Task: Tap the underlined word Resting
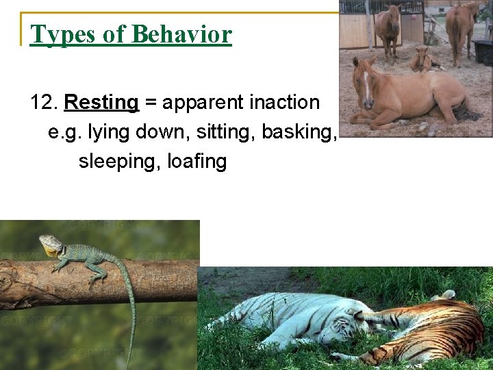101,103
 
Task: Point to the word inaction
284,103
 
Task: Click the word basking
300,132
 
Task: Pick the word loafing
197,162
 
